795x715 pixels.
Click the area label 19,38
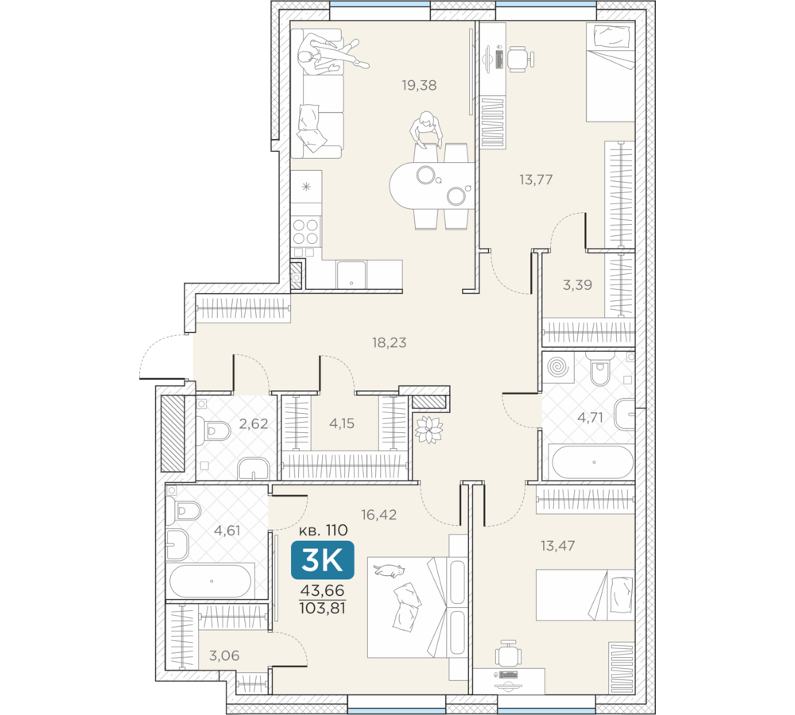pos(419,85)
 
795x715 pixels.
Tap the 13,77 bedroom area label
pos(535,180)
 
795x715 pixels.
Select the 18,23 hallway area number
pos(389,342)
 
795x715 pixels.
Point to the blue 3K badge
pos(323,560)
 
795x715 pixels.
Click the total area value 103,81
pos(323,608)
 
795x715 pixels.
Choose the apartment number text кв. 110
pos(323,530)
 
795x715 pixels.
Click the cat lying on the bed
pos(390,570)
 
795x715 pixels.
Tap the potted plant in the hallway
pos(429,429)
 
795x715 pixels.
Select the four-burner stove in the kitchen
pos(306,231)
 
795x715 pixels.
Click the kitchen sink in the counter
pos(351,275)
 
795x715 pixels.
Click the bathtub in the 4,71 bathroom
pos(592,462)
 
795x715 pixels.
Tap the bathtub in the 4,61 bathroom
pos(211,581)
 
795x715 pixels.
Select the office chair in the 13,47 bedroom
pos(508,654)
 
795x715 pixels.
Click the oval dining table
pos(432,186)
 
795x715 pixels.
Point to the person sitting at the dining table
pos(425,129)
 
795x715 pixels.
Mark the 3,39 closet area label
pos(577,284)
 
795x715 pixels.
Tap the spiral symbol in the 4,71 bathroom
pos(558,367)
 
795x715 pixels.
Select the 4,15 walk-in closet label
pos(342,423)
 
